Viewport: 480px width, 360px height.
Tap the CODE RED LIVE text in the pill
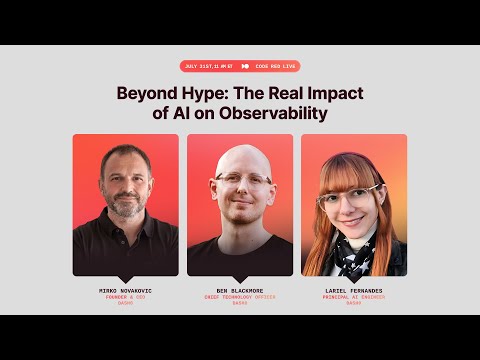click(275, 67)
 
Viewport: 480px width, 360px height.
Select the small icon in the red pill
click(245, 67)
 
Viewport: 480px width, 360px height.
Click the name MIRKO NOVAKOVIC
click(125, 291)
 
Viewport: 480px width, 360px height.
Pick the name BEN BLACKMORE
click(240, 291)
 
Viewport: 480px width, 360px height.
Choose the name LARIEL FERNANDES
click(353, 291)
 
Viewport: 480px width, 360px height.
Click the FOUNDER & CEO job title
click(125, 297)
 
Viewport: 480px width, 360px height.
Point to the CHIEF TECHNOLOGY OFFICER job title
click(240, 297)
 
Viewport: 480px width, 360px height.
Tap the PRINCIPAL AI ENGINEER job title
click(353, 297)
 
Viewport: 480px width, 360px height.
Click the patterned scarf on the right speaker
click(352, 250)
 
